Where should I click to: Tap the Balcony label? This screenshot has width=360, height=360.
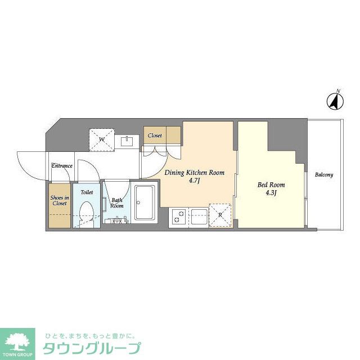point(324,175)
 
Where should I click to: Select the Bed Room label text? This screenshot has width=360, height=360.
point(271,184)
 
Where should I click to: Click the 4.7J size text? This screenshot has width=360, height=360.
point(194,181)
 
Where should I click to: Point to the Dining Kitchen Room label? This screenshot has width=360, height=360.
point(194,173)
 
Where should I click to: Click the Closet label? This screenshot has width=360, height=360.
point(155,136)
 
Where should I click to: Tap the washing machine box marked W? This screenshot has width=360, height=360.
point(102,139)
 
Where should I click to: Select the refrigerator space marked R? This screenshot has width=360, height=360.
point(220,215)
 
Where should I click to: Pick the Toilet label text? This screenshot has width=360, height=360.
point(87,192)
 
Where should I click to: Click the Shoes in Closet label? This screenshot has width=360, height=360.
point(59,200)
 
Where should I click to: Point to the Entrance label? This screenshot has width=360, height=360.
point(61,166)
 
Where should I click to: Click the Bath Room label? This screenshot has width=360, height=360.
point(116,202)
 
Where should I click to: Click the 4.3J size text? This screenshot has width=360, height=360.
point(271,193)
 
